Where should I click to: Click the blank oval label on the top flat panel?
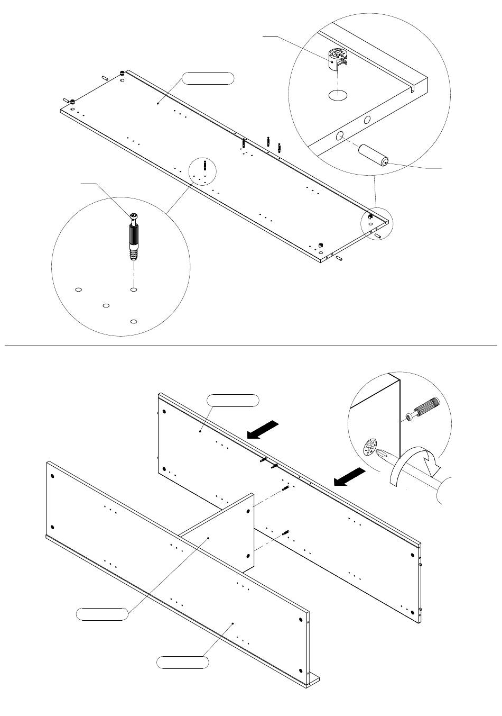[208, 79]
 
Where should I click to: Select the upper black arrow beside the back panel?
[262, 429]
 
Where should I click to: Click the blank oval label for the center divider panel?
[102, 614]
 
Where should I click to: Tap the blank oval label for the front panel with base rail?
[182, 662]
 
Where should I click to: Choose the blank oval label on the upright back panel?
[233, 400]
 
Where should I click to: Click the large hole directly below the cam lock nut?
[338, 96]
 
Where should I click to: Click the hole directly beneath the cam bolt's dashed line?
[134, 289]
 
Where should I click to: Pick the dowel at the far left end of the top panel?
[67, 99]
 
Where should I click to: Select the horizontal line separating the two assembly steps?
[251, 346]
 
